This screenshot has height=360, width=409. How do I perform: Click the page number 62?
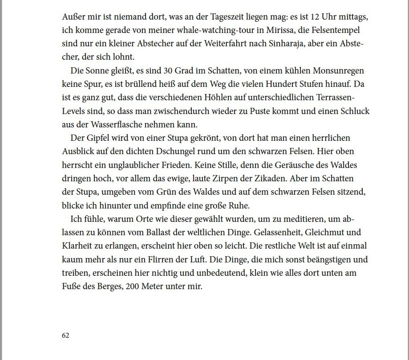click(65, 335)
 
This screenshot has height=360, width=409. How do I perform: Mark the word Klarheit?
click(76, 246)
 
